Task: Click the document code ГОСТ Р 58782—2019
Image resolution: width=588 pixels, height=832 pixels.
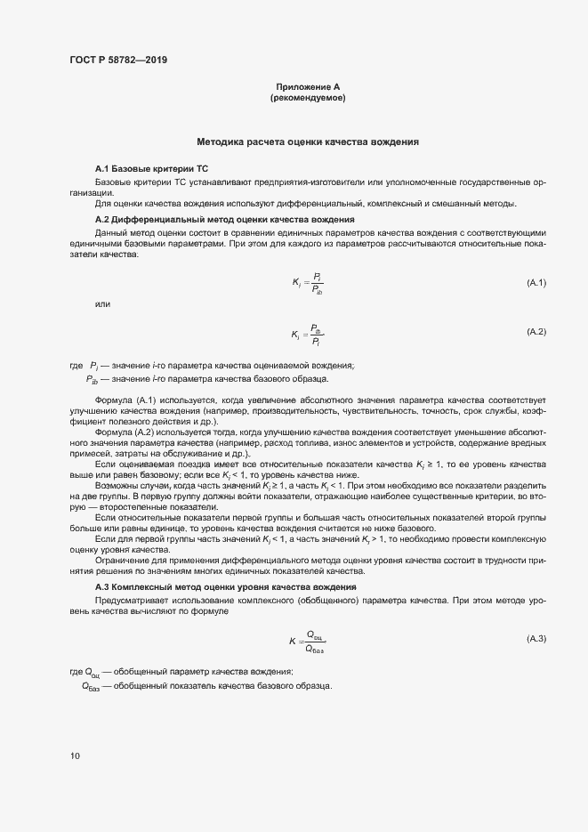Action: pyautogui.click(x=118, y=61)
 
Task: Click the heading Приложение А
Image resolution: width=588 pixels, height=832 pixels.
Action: pyautogui.click(x=308, y=87)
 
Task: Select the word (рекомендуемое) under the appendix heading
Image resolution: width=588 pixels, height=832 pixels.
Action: pyautogui.click(x=308, y=98)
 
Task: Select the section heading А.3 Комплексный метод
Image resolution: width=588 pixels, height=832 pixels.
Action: pyautogui.click(x=226, y=587)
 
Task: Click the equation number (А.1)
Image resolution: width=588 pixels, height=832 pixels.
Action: pyautogui.click(x=536, y=283)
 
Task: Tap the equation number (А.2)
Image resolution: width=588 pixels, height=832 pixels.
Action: pyautogui.click(x=536, y=332)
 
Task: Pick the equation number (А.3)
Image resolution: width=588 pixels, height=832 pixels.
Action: pyautogui.click(x=536, y=639)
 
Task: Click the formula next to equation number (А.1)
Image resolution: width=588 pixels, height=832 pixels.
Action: pyautogui.click(x=308, y=283)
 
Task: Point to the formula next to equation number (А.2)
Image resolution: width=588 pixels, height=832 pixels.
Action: pyautogui.click(x=307, y=334)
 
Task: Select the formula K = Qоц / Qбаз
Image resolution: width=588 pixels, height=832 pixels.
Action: pyautogui.click(x=308, y=641)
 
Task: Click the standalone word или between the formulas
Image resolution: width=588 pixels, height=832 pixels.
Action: pyautogui.click(x=102, y=304)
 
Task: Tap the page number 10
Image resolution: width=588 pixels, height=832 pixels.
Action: pyautogui.click(x=75, y=755)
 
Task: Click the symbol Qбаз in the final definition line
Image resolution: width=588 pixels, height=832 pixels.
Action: pyautogui.click(x=91, y=687)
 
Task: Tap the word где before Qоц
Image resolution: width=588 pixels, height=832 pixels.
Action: pyautogui.click(x=77, y=672)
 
